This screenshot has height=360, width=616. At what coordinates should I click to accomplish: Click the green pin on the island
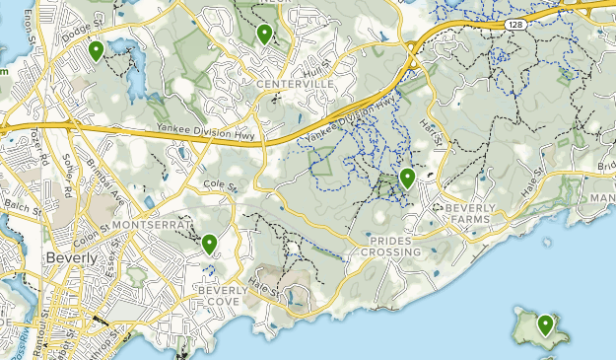pos(546,324)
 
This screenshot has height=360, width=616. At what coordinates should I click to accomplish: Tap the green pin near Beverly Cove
pos(209,243)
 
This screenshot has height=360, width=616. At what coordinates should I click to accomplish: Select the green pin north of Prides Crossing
pos(407,178)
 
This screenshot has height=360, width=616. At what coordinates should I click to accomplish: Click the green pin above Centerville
pos(264,34)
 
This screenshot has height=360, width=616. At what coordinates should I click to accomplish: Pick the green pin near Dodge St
pos(96,49)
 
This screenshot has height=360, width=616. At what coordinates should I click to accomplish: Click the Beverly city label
pos(71,257)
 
